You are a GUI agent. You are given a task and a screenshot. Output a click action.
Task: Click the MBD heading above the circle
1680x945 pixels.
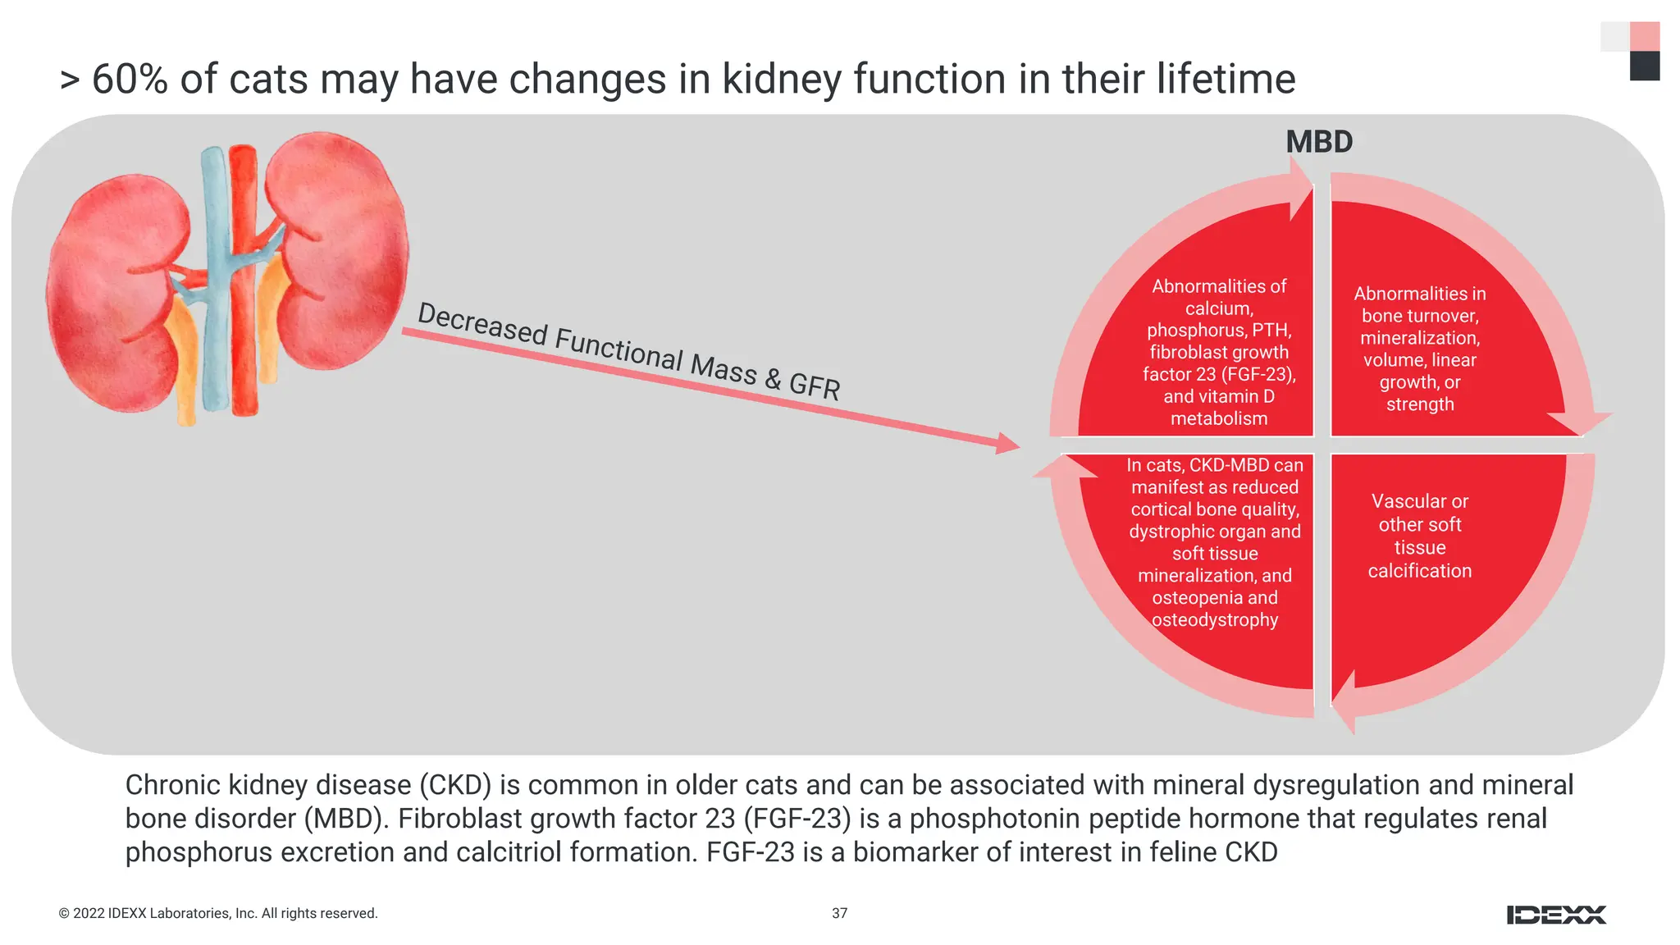pyautogui.click(x=1318, y=142)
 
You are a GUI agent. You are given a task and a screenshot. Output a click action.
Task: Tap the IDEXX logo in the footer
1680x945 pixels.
pyautogui.click(x=1556, y=915)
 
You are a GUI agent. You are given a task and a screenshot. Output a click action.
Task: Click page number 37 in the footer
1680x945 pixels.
pyautogui.click(x=839, y=913)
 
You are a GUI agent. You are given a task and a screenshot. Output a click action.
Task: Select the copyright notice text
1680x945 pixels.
pyautogui.click(x=218, y=913)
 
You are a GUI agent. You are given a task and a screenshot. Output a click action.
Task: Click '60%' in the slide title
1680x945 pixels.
pyautogui.click(x=130, y=80)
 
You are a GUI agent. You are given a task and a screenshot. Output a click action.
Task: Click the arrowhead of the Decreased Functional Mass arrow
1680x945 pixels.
pyautogui.click(x=1009, y=445)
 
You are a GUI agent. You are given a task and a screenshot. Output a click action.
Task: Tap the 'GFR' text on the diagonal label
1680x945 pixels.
pyautogui.click(x=814, y=386)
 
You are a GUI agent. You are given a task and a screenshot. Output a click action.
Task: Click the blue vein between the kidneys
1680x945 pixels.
pyautogui.click(x=216, y=279)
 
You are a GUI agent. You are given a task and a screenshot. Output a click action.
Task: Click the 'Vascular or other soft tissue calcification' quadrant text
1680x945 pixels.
pyautogui.click(x=1419, y=536)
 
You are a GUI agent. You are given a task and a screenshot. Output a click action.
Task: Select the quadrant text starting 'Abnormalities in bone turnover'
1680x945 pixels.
pyautogui.click(x=1419, y=349)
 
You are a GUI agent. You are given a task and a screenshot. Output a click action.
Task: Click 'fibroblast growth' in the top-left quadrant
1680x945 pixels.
pyautogui.click(x=1218, y=352)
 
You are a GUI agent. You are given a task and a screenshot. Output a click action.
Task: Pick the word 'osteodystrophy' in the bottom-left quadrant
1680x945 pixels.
pyautogui.click(x=1214, y=620)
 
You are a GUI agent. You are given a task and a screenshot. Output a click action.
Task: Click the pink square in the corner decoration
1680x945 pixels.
pyautogui.click(x=1644, y=37)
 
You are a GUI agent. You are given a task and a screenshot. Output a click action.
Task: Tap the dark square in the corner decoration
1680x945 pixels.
pyautogui.click(x=1644, y=66)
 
